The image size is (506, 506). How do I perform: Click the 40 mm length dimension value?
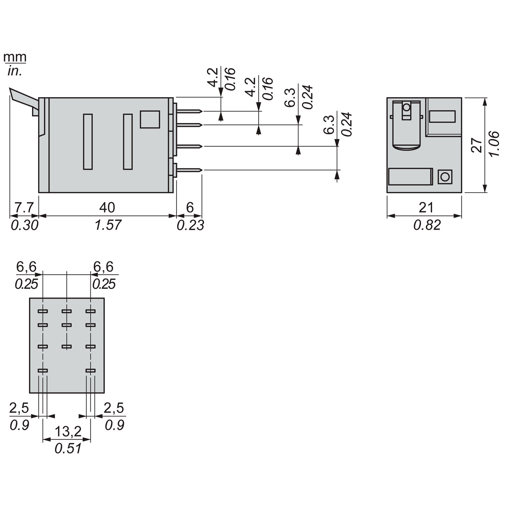(107, 207)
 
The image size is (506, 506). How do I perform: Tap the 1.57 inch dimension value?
(108, 225)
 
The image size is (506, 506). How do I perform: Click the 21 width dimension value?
(426, 207)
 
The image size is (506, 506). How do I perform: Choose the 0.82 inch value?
(427, 225)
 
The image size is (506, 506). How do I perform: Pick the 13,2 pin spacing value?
(68, 431)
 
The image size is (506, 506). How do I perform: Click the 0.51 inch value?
(68, 448)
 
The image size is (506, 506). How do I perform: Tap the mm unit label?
(15, 57)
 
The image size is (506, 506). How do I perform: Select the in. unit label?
(15, 72)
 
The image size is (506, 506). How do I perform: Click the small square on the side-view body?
(150, 119)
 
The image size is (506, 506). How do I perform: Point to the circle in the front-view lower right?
(445, 177)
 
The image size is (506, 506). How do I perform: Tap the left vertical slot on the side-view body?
(88, 142)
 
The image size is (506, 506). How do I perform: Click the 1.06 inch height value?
(494, 144)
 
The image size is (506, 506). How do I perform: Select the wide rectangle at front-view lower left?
(410, 177)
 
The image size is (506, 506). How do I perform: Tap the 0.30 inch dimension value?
(24, 225)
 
